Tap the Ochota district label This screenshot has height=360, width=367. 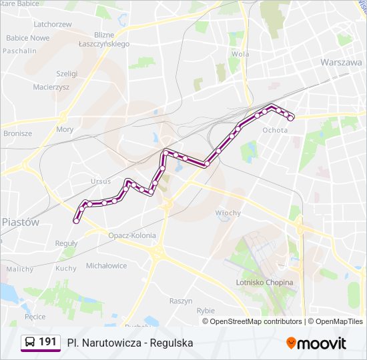(275, 130)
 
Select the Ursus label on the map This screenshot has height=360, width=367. (101, 181)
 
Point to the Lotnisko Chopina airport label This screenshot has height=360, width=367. (265, 283)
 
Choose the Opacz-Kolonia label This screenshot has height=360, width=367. (132, 235)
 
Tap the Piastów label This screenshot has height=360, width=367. (20, 222)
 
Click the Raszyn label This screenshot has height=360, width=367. (181, 301)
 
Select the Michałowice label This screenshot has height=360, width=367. (106, 265)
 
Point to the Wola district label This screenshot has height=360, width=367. (240, 54)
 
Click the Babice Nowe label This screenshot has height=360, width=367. (28, 38)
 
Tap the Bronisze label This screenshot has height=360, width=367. (17, 133)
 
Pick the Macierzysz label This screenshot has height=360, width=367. (51, 87)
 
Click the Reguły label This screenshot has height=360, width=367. (67, 243)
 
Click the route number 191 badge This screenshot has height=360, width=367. (47, 342)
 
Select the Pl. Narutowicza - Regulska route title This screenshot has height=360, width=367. (130, 343)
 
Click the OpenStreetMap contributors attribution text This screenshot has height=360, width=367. (256, 321)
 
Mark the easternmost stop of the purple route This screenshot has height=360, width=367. (291, 119)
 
